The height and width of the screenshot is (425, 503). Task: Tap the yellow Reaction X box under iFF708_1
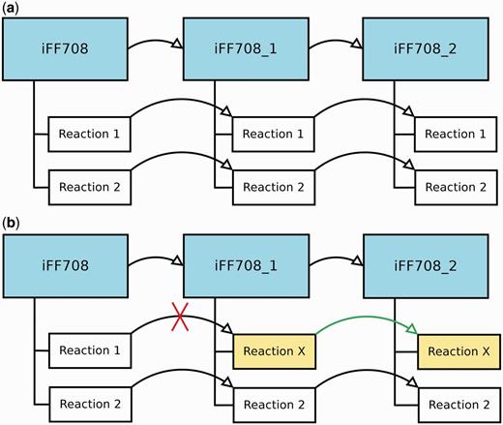click(x=275, y=349)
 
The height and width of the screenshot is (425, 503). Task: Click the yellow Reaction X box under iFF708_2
click(x=458, y=349)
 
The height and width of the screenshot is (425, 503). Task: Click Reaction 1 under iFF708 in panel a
click(x=90, y=131)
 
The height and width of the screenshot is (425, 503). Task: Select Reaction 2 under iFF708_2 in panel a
click(x=458, y=184)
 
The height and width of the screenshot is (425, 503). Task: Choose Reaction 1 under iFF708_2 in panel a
click(x=458, y=131)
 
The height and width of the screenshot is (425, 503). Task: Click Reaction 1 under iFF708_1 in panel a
click(x=275, y=131)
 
